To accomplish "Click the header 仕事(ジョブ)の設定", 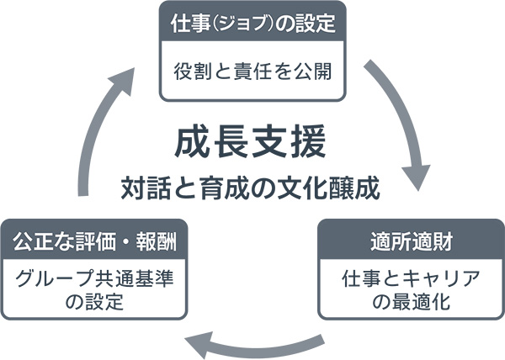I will (x=252, y=23).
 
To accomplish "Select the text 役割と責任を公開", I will (x=252, y=70).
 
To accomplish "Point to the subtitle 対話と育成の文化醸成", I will (x=250, y=185).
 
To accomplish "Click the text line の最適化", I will (x=412, y=302).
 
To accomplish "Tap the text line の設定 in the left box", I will (x=93, y=302).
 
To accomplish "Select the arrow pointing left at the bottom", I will (x=252, y=341).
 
